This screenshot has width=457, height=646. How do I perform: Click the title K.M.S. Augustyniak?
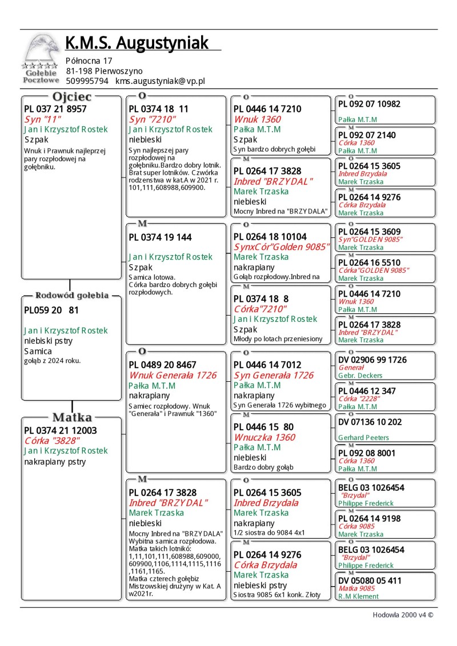[x=137, y=43]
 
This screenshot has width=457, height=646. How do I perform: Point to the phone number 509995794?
[x=87, y=82]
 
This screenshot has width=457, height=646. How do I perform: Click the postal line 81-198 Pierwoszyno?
[x=104, y=71]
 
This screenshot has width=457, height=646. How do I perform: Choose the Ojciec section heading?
[x=71, y=96]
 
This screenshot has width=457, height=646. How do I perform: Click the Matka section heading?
[x=72, y=417]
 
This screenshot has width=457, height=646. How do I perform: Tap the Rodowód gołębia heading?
[x=72, y=296]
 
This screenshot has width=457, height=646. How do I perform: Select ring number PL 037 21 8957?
[x=55, y=109]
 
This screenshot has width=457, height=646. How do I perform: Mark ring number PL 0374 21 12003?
[x=61, y=430]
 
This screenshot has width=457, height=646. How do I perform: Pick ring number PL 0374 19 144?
[x=160, y=237]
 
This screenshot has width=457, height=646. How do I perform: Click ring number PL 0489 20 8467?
[x=162, y=365]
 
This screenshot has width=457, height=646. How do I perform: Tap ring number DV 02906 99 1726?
[x=372, y=360]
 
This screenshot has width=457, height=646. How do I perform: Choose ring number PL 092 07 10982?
[x=369, y=104]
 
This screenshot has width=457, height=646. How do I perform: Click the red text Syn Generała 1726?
[x=274, y=375]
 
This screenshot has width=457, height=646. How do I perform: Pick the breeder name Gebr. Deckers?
[x=360, y=376]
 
